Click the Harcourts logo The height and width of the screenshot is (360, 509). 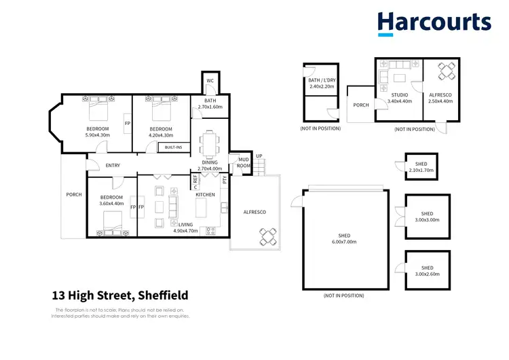(x=434, y=22)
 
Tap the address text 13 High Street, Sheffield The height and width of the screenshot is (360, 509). (x=120, y=295)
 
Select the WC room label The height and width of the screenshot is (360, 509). (x=210, y=81)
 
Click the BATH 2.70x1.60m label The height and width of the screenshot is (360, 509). (x=210, y=104)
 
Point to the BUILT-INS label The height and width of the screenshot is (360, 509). (x=174, y=147)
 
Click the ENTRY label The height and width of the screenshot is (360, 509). (x=113, y=166)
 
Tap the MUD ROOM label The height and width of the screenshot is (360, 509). (x=242, y=162)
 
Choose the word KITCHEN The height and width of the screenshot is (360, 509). (x=205, y=195)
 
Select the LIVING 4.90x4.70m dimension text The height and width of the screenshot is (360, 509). (x=185, y=230)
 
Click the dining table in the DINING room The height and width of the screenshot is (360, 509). (x=210, y=143)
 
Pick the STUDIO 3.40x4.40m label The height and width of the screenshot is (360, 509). (x=399, y=98)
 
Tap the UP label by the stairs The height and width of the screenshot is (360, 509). (x=259, y=156)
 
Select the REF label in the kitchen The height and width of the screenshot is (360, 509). (x=195, y=181)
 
